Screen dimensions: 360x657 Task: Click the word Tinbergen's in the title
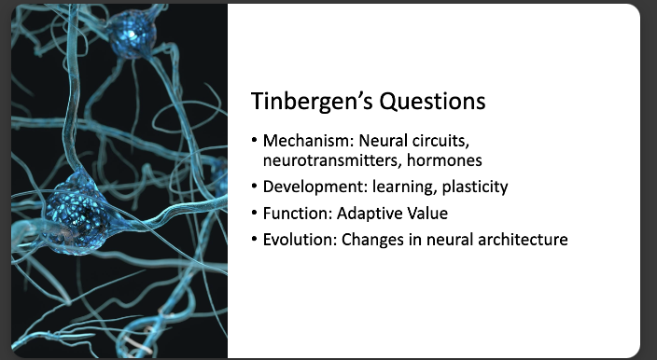[306, 101]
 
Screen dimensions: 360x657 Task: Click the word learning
[391, 187]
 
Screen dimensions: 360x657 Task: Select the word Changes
[373, 240]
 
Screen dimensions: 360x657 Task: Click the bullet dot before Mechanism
[255, 142]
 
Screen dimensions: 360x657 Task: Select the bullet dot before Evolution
[255, 240]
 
